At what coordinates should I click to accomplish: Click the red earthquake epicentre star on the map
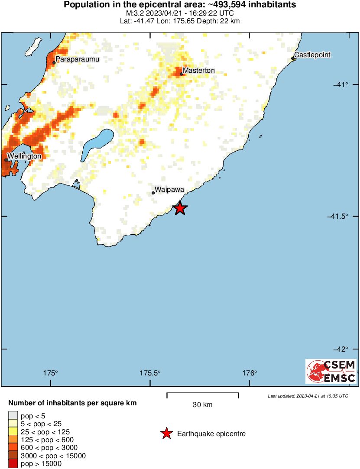click(180, 208)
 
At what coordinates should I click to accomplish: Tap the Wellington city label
click(24, 156)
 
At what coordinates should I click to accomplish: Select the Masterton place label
click(198, 70)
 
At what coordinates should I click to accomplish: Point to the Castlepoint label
click(312, 55)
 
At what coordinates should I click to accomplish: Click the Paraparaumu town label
click(75, 58)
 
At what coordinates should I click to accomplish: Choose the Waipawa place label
click(170, 190)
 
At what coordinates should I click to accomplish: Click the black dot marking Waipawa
click(153, 193)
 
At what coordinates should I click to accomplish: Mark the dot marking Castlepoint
click(293, 58)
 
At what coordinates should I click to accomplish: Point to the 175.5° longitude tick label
click(150, 373)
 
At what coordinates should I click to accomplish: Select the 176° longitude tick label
click(250, 373)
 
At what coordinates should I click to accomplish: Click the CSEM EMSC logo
click(331, 371)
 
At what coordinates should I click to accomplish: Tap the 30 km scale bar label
click(202, 405)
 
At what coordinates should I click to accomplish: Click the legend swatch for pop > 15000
click(13, 464)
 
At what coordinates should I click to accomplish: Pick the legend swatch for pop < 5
click(13, 415)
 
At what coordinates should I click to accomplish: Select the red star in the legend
click(166, 433)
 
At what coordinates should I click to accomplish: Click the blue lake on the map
click(98, 143)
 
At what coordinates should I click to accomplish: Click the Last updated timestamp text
click(308, 396)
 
